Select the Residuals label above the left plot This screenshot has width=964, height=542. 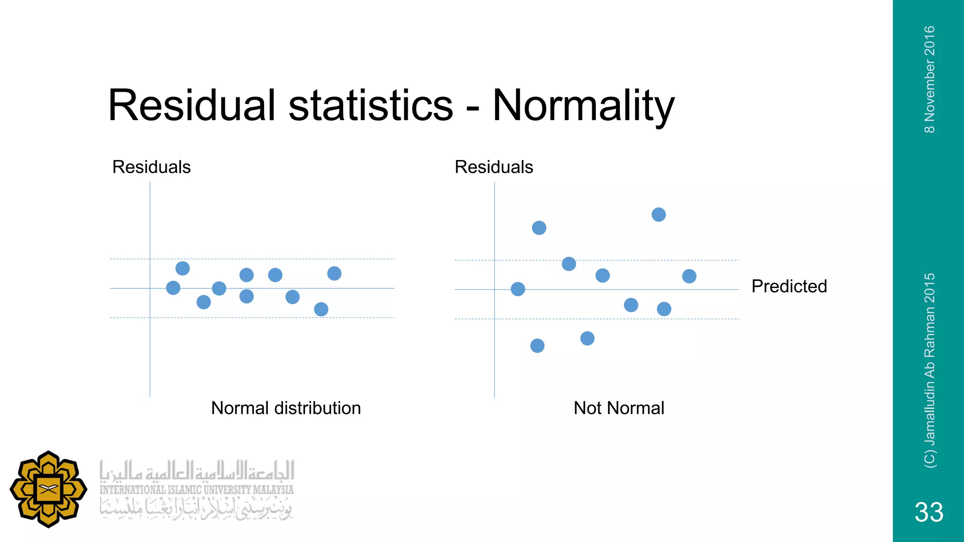coord(151,167)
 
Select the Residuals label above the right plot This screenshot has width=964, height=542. coord(493,167)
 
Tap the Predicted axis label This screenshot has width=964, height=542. coord(789,286)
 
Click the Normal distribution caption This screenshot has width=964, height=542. coord(286,408)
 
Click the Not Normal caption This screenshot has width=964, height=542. coord(619,408)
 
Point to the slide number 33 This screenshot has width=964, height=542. coord(929,512)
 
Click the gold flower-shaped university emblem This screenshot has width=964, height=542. coord(48,489)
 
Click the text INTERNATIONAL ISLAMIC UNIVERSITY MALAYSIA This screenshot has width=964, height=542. coord(196,490)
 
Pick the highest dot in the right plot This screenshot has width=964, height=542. coord(659,215)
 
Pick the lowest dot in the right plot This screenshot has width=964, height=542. coord(537,346)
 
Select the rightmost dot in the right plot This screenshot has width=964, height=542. coord(689,276)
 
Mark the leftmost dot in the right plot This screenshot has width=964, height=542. coord(518,289)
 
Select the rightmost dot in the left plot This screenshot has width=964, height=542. coord(334,273)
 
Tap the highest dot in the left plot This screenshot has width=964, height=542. coord(183,268)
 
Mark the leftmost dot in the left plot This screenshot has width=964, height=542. coord(173,287)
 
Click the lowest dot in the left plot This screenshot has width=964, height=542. coord(321,309)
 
